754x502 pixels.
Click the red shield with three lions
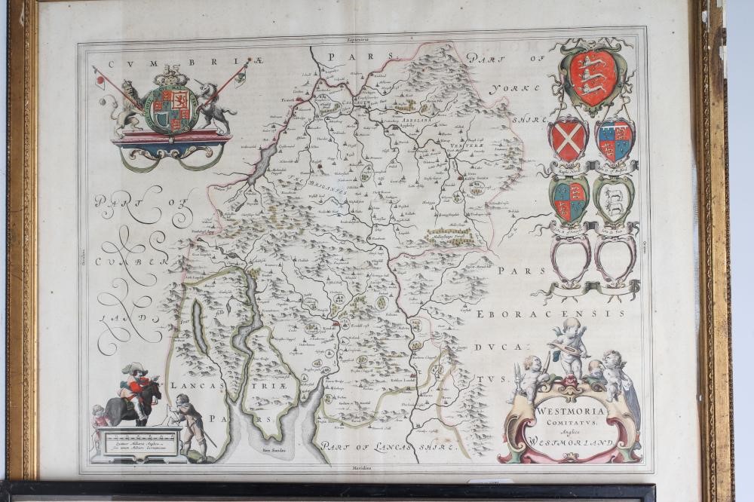593,78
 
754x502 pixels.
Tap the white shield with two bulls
613,199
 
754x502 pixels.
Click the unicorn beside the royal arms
214,109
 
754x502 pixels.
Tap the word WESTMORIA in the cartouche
571,412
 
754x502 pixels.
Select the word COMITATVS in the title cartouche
572,424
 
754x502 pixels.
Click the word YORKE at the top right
515,88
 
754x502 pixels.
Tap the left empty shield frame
570,257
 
